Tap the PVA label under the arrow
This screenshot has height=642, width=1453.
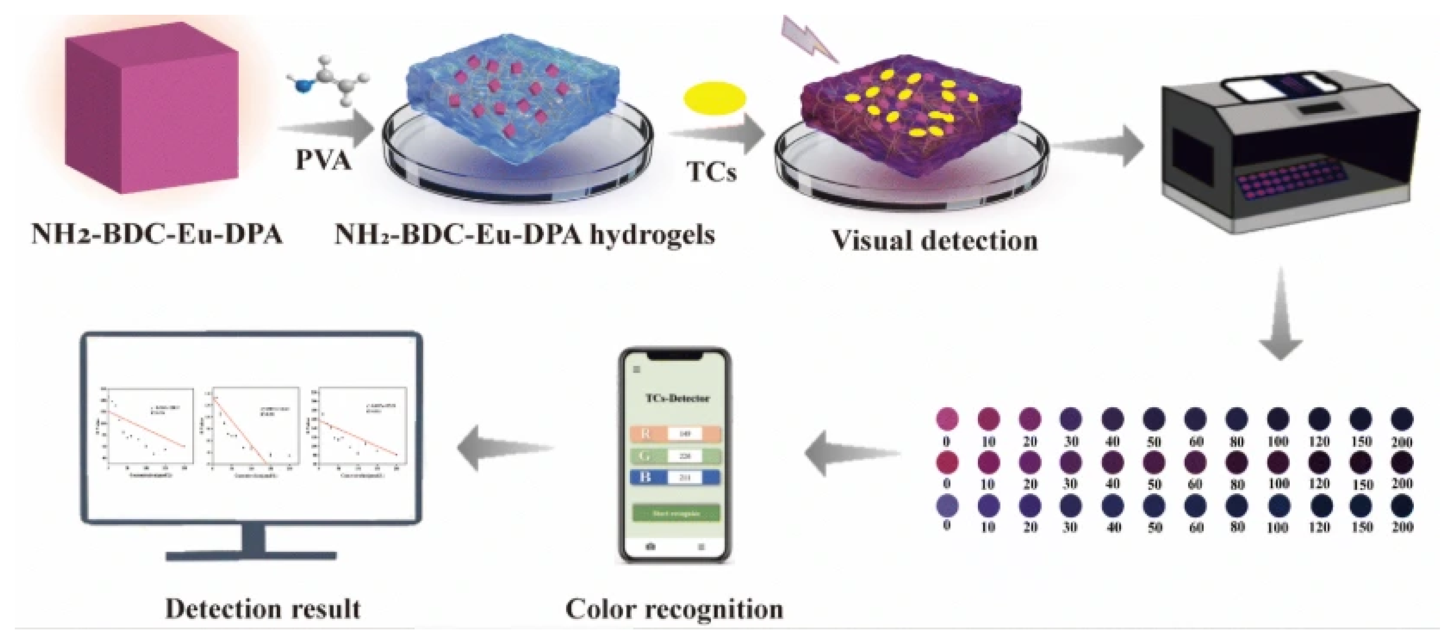click(x=323, y=161)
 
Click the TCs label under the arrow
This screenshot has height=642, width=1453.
click(x=711, y=171)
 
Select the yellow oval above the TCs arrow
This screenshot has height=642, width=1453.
click(x=715, y=99)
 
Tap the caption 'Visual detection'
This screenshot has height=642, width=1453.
click(x=934, y=241)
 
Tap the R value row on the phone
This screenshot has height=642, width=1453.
click(x=675, y=433)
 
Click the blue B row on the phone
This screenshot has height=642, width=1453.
click(x=675, y=477)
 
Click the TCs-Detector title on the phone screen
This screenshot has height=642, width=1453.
click(x=677, y=398)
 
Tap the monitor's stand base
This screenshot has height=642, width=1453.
click(x=251, y=556)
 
